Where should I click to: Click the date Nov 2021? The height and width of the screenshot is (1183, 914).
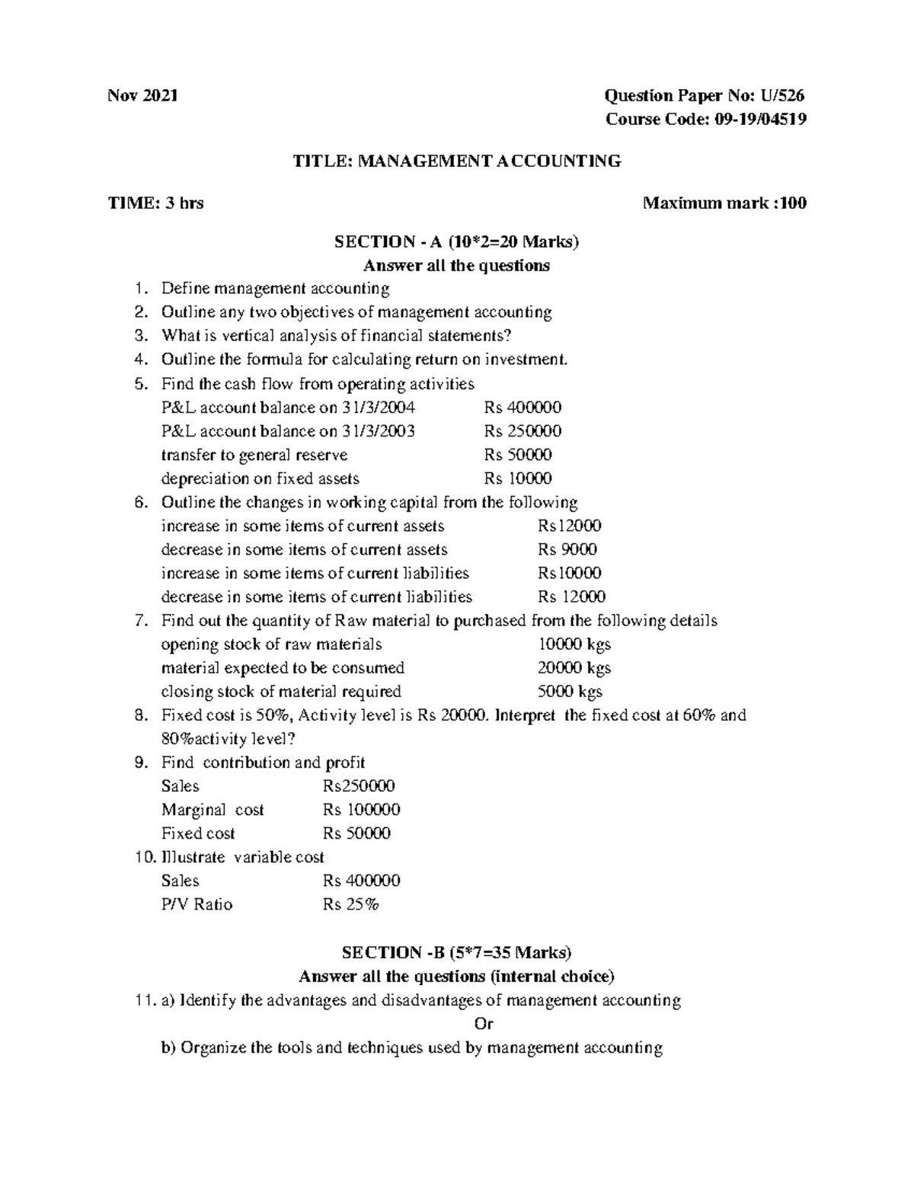tap(142, 96)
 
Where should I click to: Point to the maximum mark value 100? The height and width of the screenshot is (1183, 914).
tap(792, 203)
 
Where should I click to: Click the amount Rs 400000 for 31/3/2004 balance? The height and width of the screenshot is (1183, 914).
tap(523, 408)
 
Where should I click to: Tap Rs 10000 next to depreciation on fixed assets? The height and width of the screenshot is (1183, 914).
tap(518, 478)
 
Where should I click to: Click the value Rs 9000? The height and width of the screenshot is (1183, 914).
tap(567, 549)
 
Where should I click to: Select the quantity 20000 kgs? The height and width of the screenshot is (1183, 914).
tap(574, 668)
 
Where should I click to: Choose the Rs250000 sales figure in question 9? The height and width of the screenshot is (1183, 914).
tap(359, 786)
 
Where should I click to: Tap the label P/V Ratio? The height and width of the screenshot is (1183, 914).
tap(197, 905)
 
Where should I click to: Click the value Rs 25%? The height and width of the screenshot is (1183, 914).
tap(351, 905)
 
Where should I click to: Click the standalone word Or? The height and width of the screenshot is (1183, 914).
tap(484, 1024)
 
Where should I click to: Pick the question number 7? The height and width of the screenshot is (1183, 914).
tap(139, 621)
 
